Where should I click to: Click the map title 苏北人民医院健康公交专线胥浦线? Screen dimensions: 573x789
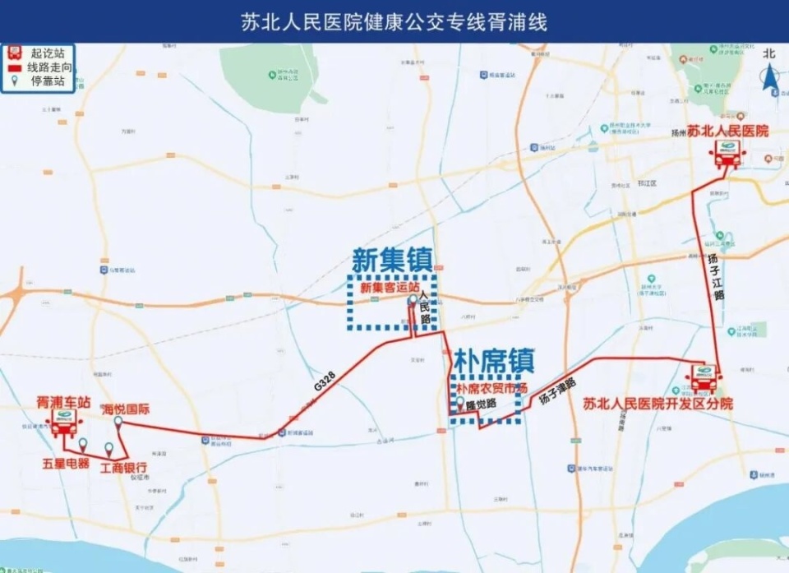point(394,22)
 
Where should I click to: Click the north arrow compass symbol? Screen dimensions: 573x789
point(769,76)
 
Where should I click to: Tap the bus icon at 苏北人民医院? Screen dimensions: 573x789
point(727,152)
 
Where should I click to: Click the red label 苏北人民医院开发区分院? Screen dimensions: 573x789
point(657,404)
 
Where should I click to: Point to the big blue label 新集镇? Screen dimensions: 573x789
point(392,261)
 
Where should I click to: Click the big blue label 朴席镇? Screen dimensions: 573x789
point(493,359)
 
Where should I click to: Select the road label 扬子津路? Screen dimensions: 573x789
point(558,390)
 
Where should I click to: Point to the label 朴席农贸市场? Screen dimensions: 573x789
point(490,386)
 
